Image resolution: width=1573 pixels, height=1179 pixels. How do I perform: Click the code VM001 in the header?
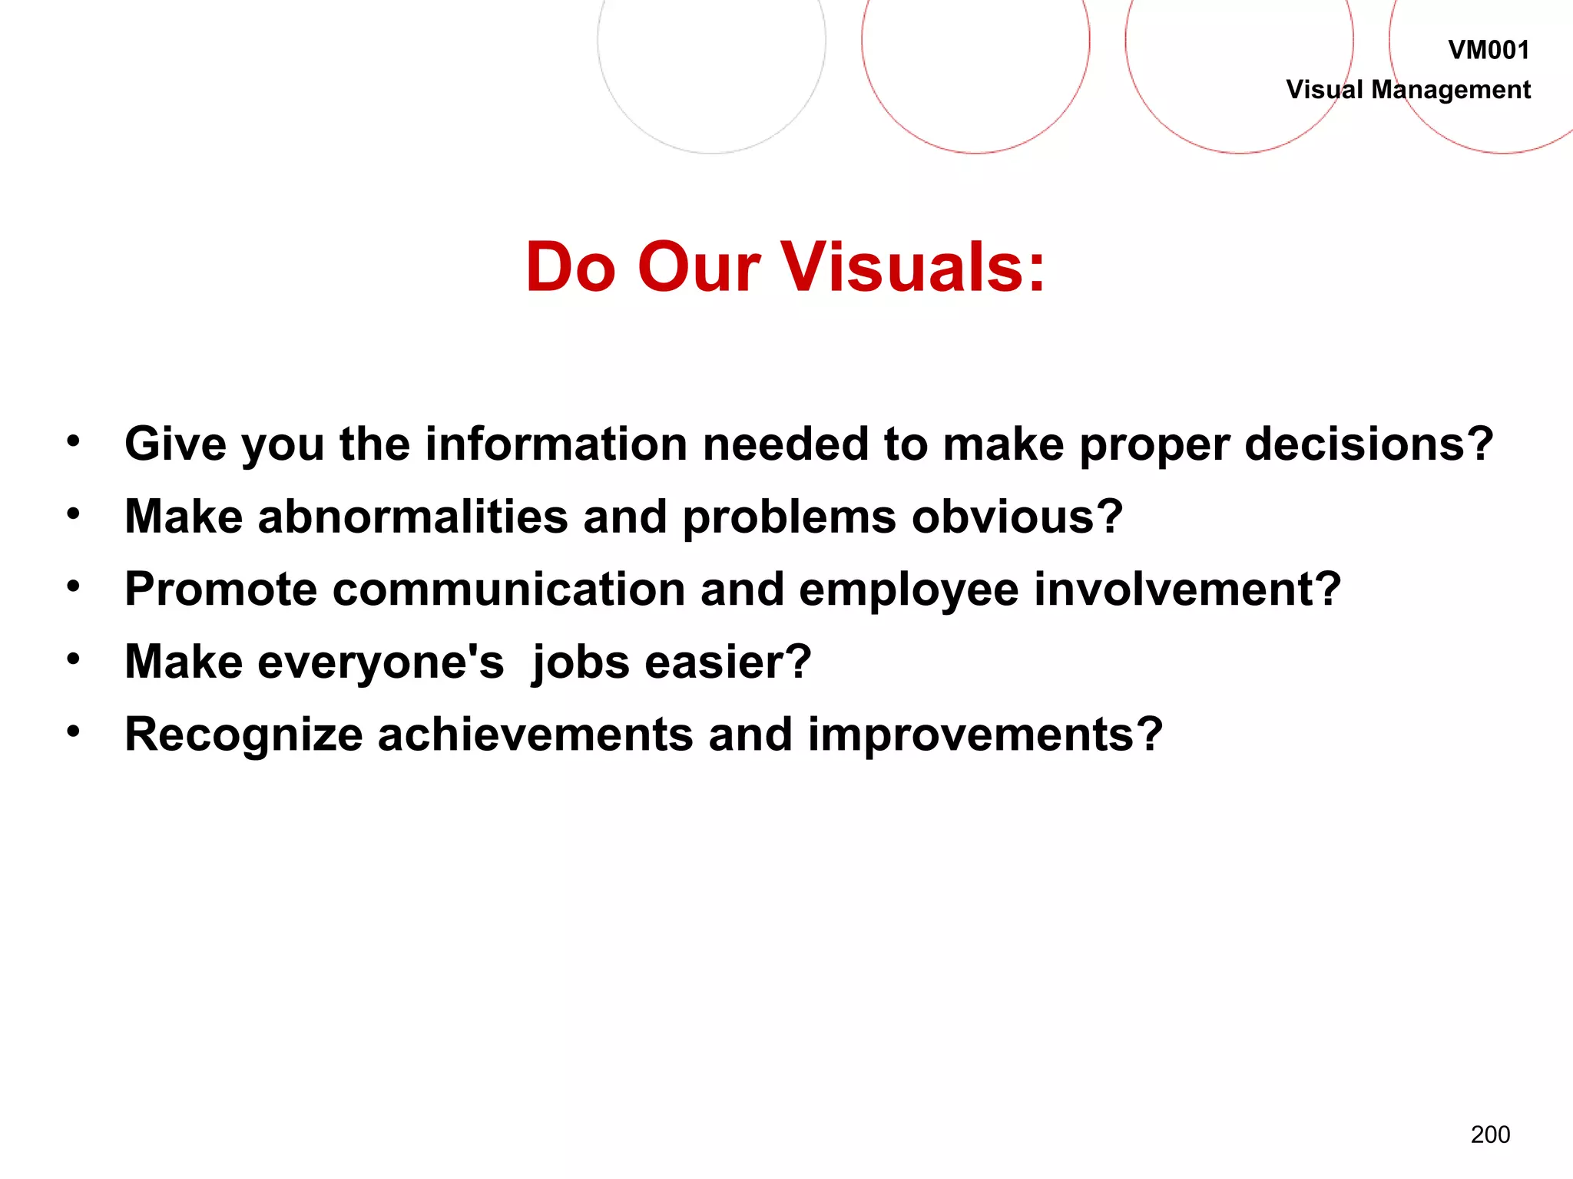1489,51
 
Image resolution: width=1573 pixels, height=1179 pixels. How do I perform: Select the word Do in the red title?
571,267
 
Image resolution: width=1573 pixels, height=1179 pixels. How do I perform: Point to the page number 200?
1490,1134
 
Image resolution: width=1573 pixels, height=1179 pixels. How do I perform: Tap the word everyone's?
381,662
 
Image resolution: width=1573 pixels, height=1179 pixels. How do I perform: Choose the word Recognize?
243,735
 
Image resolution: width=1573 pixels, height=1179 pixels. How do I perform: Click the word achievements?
535,735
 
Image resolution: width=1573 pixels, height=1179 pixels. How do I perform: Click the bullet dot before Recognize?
73,731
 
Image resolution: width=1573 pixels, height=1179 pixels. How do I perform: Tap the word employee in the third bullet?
909,590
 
